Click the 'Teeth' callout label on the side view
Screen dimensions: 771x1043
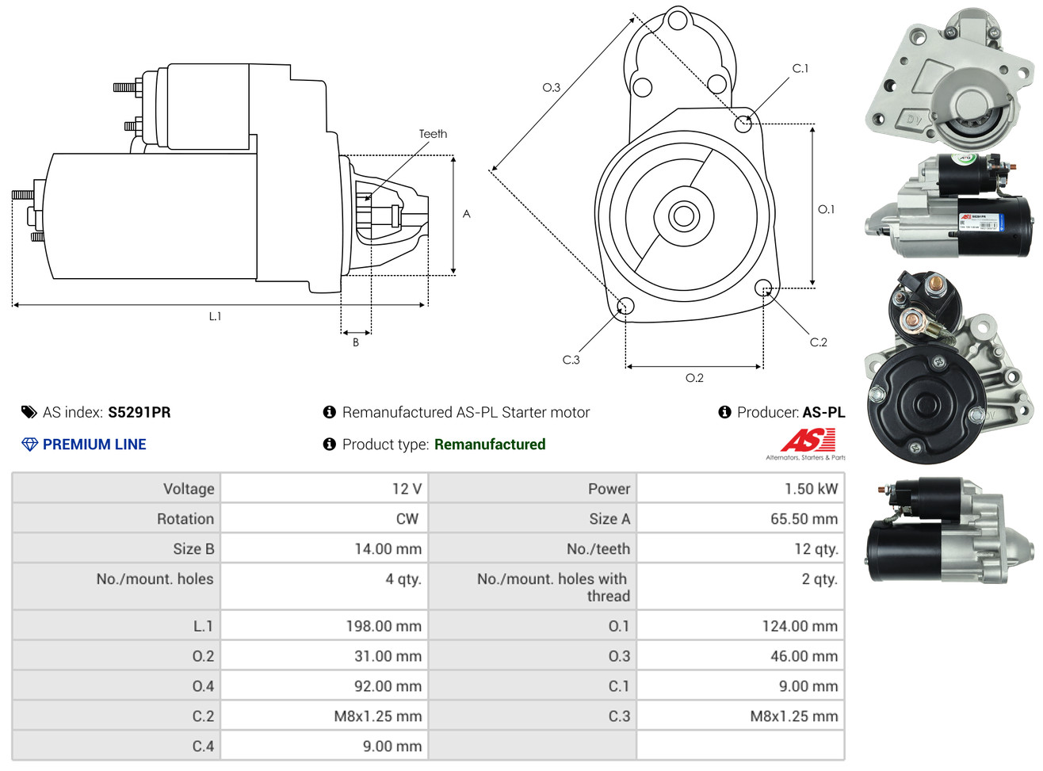pyautogui.click(x=433, y=134)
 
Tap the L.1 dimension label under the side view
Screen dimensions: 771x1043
pyautogui.click(x=215, y=316)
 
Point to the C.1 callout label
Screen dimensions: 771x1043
pyautogui.click(x=800, y=69)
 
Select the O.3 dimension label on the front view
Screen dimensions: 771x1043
pyautogui.click(x=551, y=88)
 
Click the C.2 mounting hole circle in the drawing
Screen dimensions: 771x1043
pyautogui.click(x=763, y=287)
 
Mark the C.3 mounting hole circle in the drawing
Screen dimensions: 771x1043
pyautogui.click(x=625, y=306)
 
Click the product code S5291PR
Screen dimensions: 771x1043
pyautogui.click(x=139, y=412)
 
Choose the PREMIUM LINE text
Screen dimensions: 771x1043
pyautogui.click(x=94, y=445)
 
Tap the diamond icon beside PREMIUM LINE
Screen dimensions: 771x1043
pyautogui.click(x=29, y=445)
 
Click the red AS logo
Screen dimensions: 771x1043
pyautogui.click(x=808, y=440)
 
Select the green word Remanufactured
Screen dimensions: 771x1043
pyautogui.click(x=490, y=445)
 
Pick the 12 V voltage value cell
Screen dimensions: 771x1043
pyautogui.click(x=407, y=489)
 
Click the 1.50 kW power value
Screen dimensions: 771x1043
pyautogui.click(x=811, y=489)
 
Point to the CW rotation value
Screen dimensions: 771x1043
pyautogui.click(x=407, y=519)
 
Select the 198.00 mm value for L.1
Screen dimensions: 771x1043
pyautogui.click(x=384, y=626)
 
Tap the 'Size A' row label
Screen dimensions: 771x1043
pyautogui.click(x=609, y=519)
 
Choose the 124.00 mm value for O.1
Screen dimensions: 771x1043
pyautogui.click(x=800, y=626)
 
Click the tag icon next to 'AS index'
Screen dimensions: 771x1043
pyautogui.click(x=29, y=412)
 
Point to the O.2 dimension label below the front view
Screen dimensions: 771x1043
pyautogui.click(x=694, y=378)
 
